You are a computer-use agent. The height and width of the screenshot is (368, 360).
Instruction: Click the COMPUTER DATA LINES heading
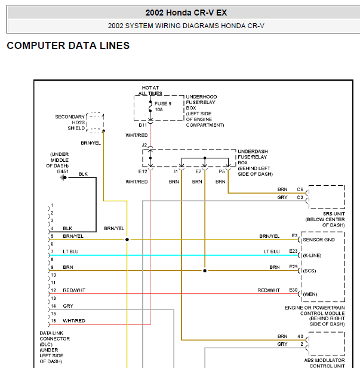click(68, 46)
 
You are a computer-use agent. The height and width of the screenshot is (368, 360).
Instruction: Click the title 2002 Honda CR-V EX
click(186, 13)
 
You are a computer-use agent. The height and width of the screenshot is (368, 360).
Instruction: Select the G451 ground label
click(62, 171)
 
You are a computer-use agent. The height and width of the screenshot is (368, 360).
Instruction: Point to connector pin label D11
click(143, 125)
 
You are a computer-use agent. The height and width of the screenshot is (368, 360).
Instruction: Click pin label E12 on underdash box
click(143, 171)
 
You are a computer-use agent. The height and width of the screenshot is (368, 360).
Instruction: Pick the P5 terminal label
click(221, 171)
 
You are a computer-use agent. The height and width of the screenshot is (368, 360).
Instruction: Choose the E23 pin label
click(293, 252)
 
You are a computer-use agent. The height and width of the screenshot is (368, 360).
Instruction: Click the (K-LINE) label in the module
click(314, 255)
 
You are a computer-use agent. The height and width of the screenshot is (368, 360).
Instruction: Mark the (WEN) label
click(310, 294)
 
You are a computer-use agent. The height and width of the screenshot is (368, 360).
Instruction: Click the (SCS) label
click(309, 271)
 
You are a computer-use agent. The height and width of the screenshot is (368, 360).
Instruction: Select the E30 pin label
click(293, 290)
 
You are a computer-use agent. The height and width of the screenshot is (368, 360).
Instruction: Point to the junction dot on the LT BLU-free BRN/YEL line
click(127, 240)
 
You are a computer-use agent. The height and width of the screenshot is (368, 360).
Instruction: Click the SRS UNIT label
click(325, 213)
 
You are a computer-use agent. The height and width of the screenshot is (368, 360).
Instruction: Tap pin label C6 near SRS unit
click(300, 189)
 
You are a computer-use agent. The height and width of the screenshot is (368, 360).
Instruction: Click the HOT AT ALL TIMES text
click(150, 90)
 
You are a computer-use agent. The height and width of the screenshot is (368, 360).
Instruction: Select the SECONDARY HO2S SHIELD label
click(70, 122)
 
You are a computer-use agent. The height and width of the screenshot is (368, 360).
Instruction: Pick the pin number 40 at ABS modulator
click(301, 336)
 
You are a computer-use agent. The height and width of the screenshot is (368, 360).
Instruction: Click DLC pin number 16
click(53, 321)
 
